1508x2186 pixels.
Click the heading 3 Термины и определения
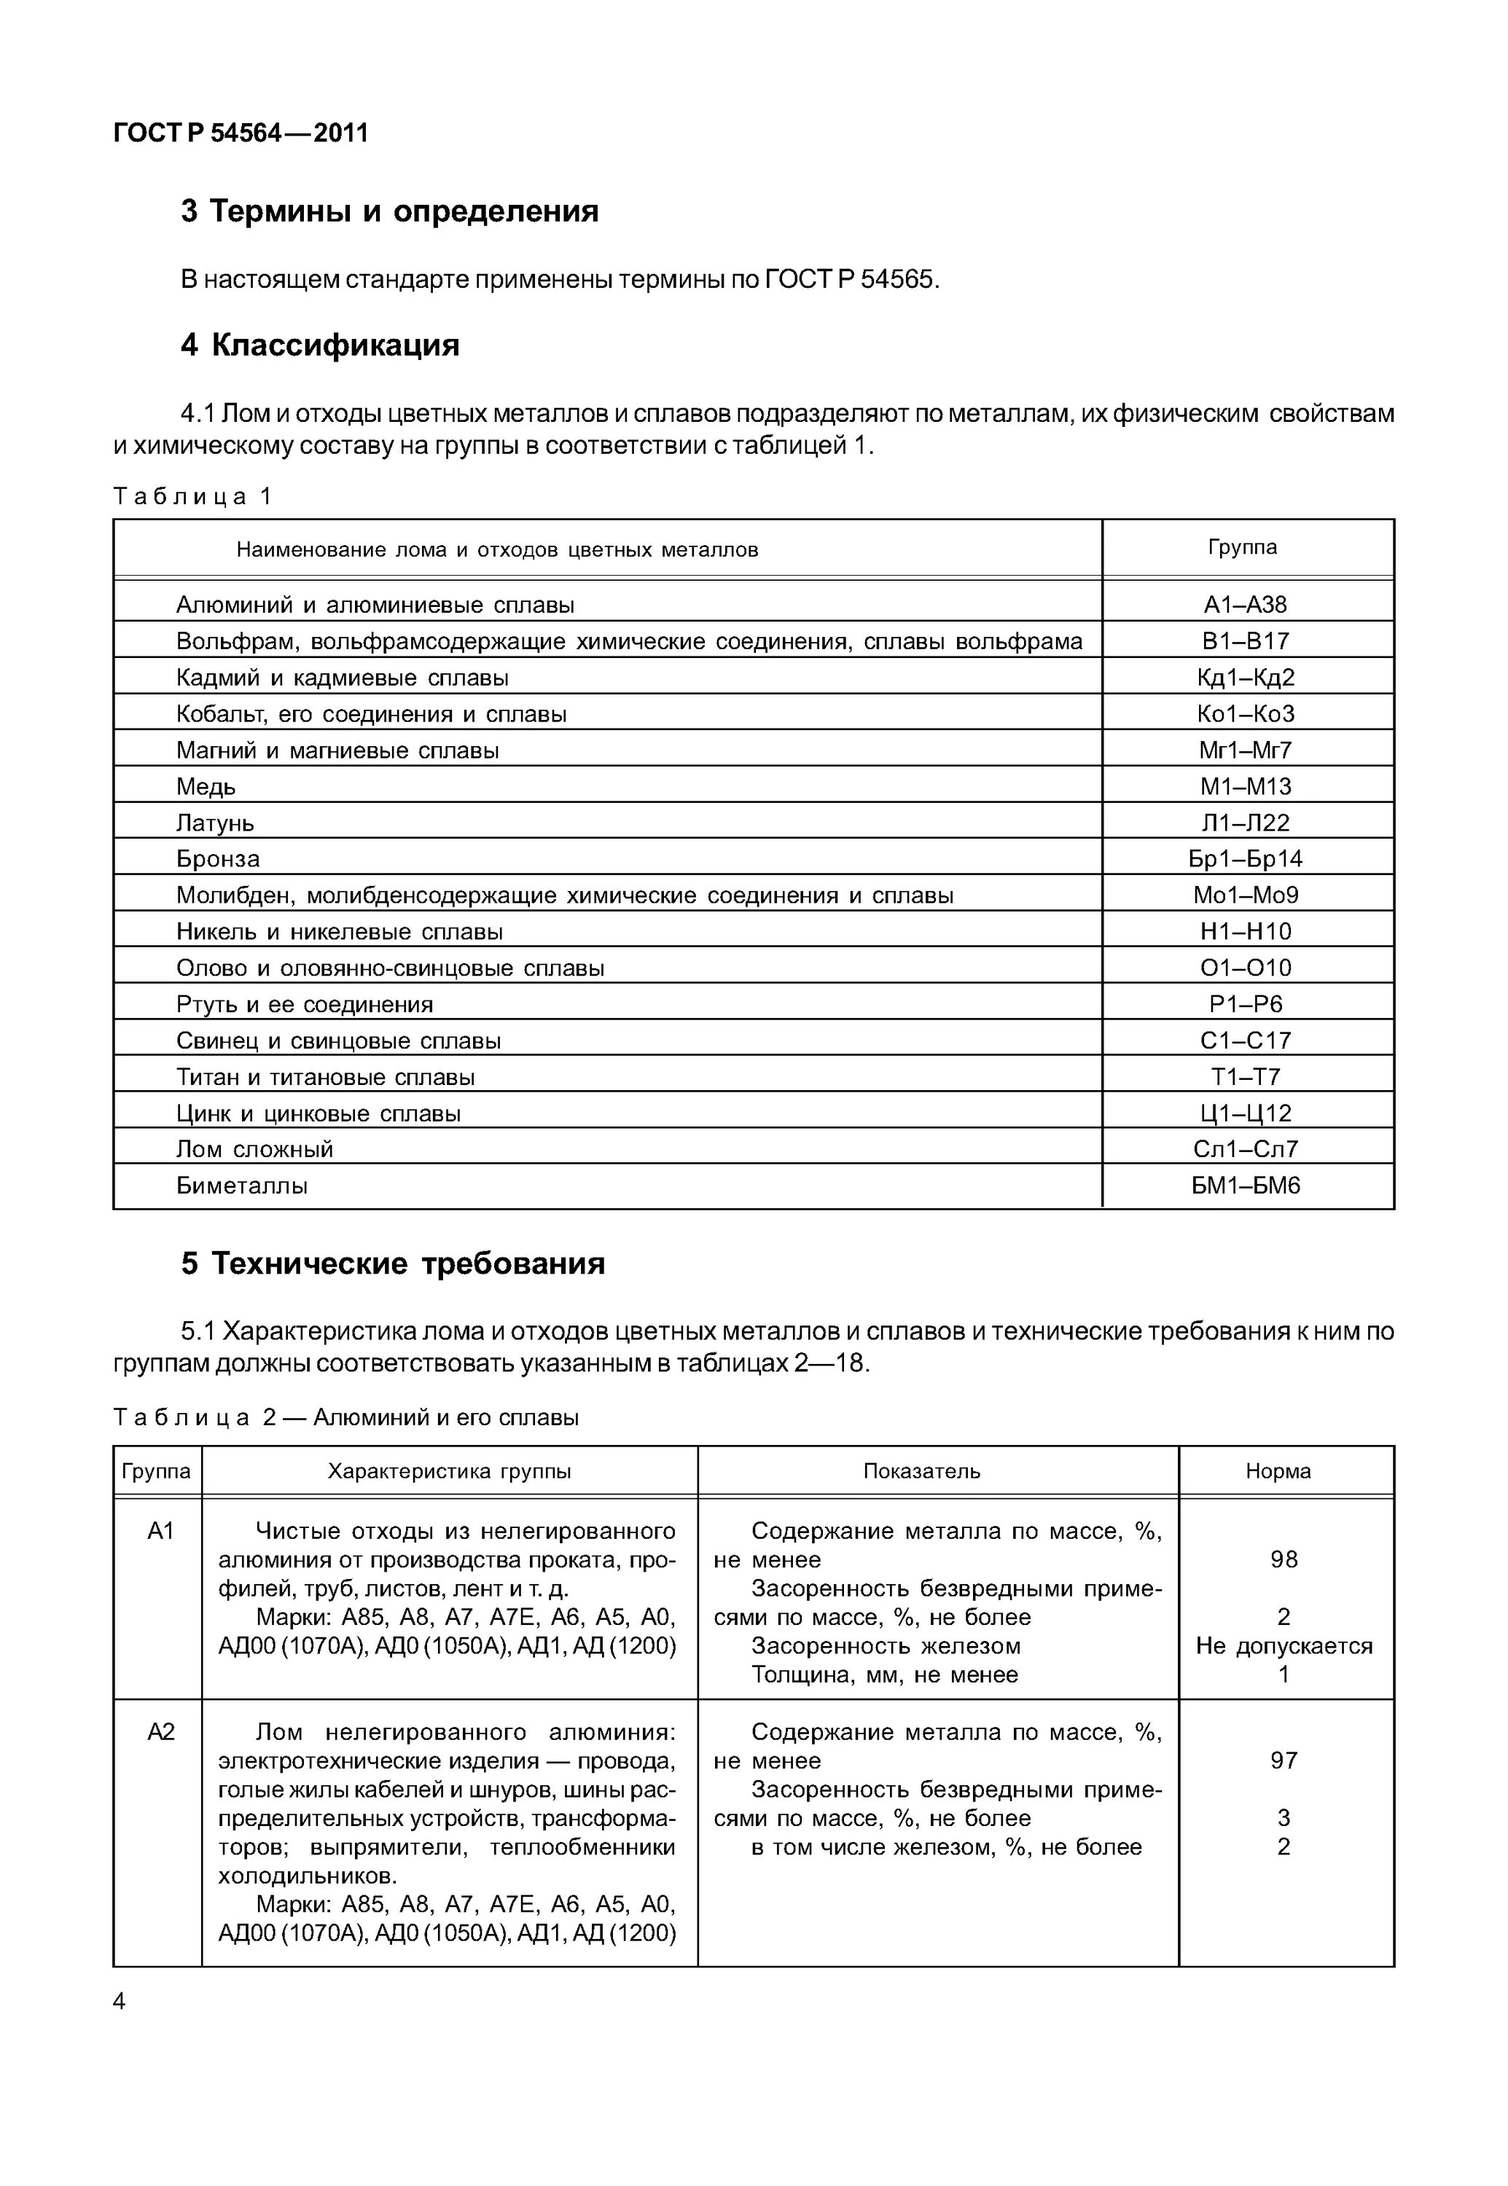(x=389, y=211)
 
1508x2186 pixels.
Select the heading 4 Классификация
(x=319, y=345)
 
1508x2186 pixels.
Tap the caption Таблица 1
(x=192, y=496)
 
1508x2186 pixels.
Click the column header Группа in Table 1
(x=1243, y=547)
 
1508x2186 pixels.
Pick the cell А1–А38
(x=1246, y=605)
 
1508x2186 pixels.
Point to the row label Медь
(x=206, y=786)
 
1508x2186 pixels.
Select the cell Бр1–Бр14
(x=1246, y=858)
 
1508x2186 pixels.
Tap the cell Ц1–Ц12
(x=1246, y=1113)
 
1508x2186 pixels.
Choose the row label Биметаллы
(x=242, y=1186)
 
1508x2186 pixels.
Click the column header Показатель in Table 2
(x=921, y=1471)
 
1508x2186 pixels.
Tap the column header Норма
(x=1278, y=1471)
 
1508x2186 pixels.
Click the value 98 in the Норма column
(x=1283, y=1559)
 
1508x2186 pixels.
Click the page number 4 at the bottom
(x=119, y=2001)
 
